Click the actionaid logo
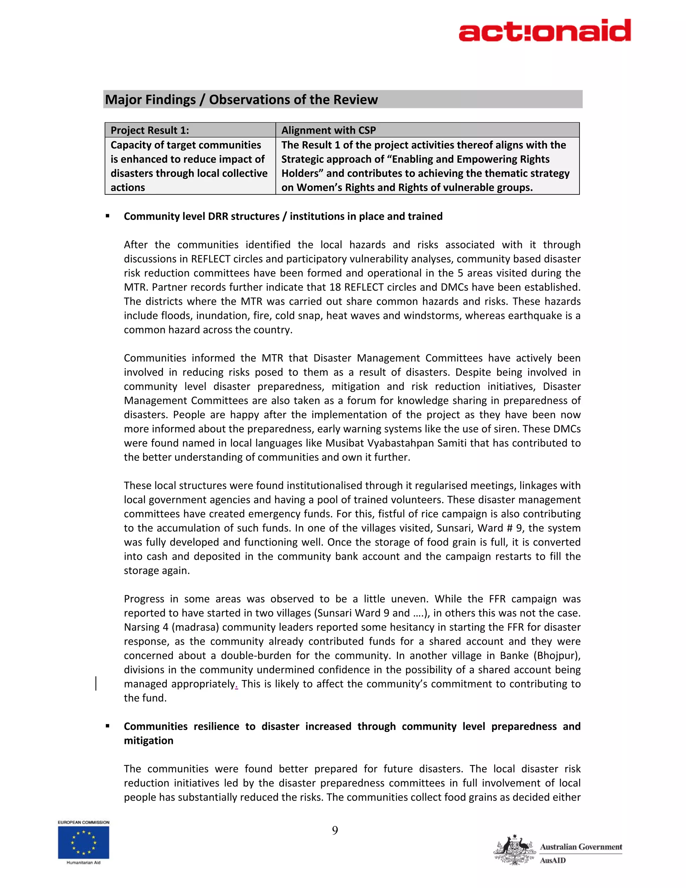[x=545, y=30]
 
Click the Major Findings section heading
[x=242, y=100]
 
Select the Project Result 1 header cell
[x=190, y=130]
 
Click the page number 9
[x=335, y=830]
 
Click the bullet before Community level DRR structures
[x=108, y=216]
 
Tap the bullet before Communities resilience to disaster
[x=108, y=726]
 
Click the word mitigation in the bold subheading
[x=148, y=741]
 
